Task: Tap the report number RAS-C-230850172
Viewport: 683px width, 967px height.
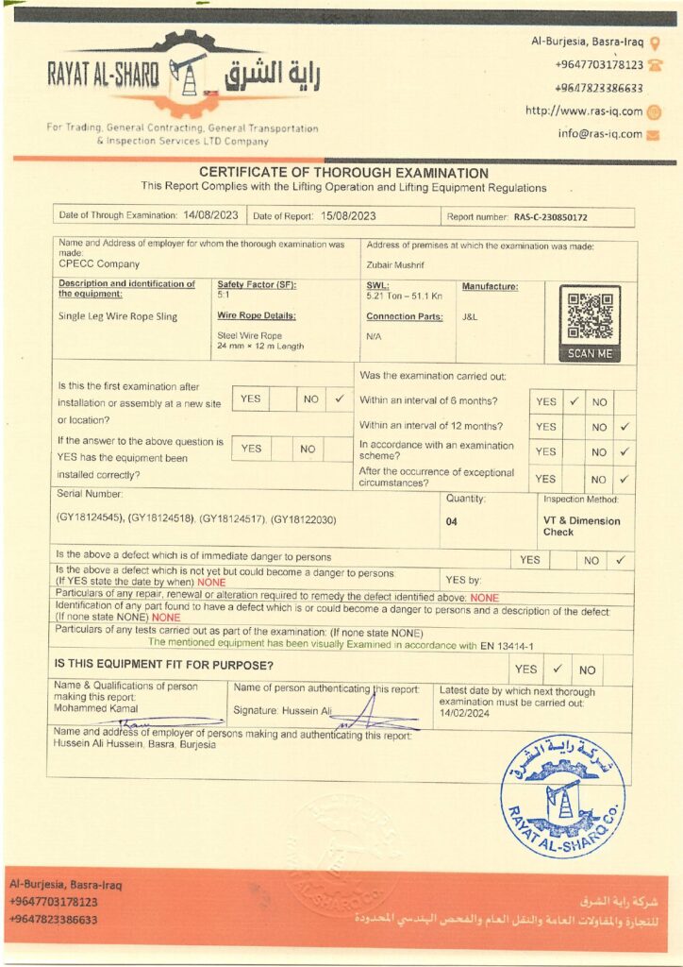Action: (x=550, y=217)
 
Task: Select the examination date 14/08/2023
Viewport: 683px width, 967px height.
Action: (x=211, y=215)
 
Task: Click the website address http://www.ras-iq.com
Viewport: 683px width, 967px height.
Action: (x=584, y=110)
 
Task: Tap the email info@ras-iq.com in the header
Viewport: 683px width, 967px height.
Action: (x=599, y=134)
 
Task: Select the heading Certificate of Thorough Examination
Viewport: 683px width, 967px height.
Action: (x=343, y=174)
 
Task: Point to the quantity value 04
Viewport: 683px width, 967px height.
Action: (x=451, y=520)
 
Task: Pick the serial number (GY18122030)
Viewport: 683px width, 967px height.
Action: (x=303, y=520)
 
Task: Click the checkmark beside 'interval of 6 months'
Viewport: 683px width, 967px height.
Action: (x=573, y=400)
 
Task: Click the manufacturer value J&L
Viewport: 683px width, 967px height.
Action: (x=470, y=316)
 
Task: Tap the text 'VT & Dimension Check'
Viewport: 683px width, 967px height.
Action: (x=581, y=526)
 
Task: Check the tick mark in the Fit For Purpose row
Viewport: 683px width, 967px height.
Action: (x=558, y=669)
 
